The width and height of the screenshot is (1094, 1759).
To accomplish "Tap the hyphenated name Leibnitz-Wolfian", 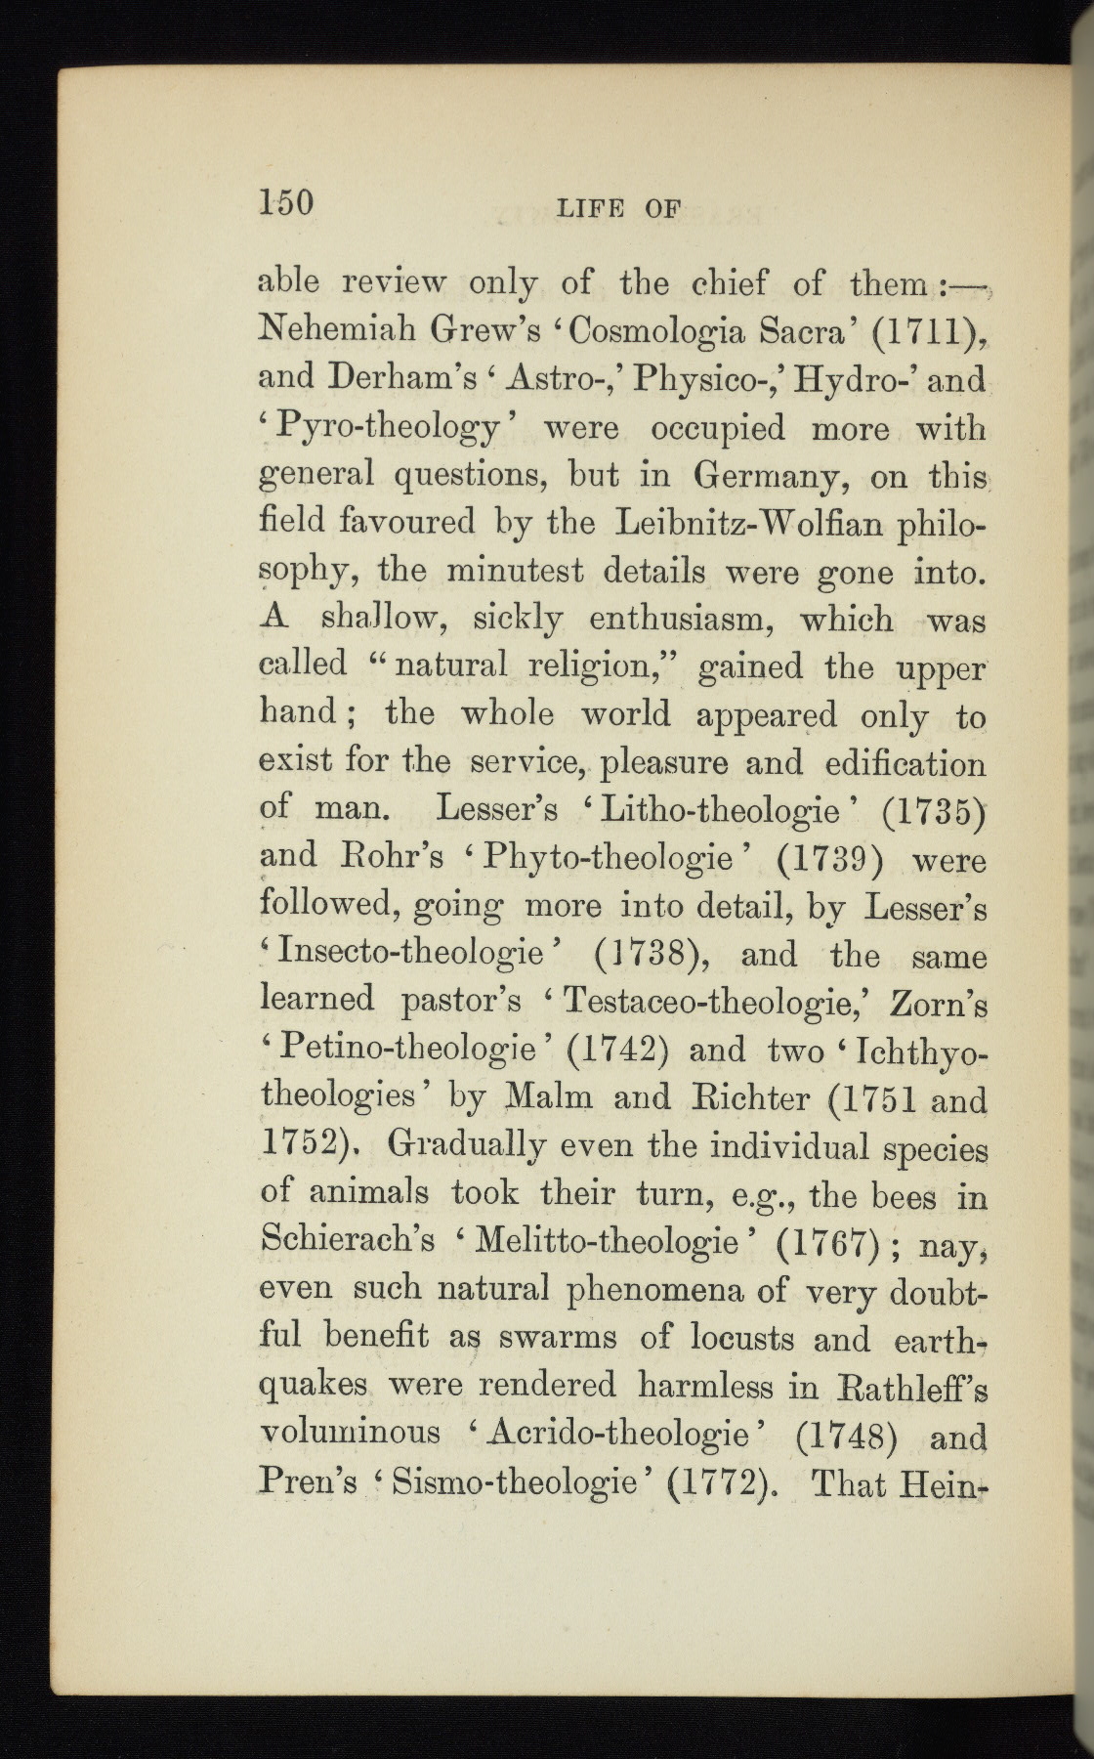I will [x=751, y=523].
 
